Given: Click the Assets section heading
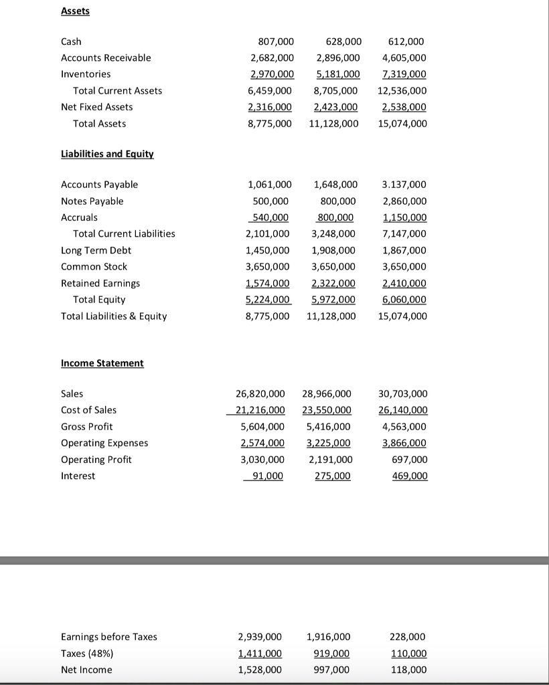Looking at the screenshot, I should pyautogui.click(x=75, y=11).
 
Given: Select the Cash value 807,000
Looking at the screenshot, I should pyautogui.click(x=270, y=41).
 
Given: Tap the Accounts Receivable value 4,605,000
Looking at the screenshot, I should pyautogui.click(x=402, y=58).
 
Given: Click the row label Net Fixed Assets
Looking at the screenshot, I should pyautogui.click(x=96, y=107).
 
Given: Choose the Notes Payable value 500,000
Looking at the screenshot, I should pyautogui.click(x=270, y=201).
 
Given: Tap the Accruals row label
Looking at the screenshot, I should pyautogui.click(x=79, y=217).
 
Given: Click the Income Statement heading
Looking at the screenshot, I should pyautogui.click(x=102, y=363).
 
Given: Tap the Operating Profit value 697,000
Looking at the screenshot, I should pyautogui.click(x=410, y=460).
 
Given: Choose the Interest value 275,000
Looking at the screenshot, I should pyautogui.click(x=333, y=476).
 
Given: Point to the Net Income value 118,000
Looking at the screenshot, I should pyautogui.click(x=408, y=670).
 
